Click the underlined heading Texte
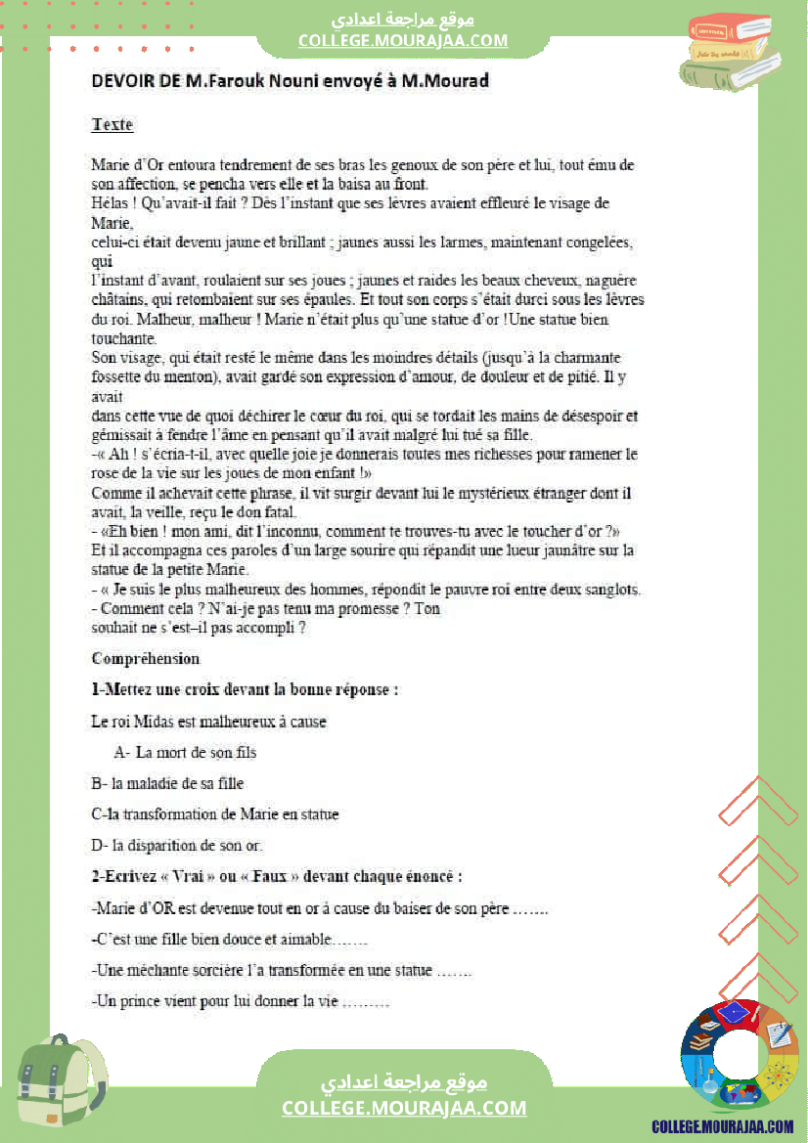[x=112, y=125]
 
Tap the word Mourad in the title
[x=454, y=81]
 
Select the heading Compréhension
[x=145, y=658]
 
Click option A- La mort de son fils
[x=185, y=753]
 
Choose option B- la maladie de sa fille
[x=167, y=783]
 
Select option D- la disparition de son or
[x=177, y=845]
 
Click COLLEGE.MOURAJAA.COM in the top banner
[x=403, y=40]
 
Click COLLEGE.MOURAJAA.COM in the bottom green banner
[x=404, y=1108]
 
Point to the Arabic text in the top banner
[x=403, y=20]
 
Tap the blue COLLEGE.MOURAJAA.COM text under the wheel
[x=723, y=1126]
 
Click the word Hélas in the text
[x=109, y=203]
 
